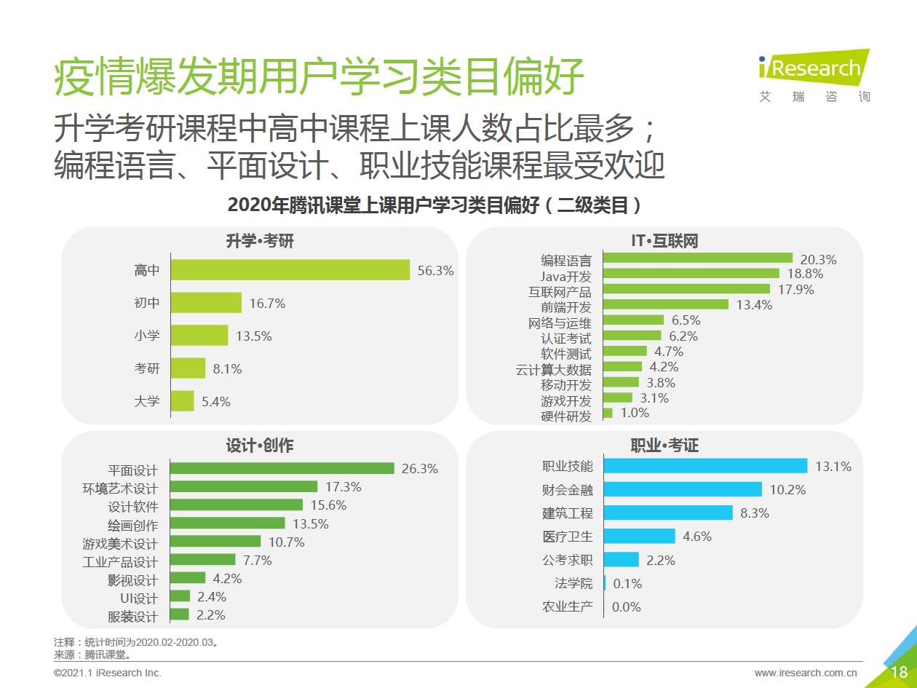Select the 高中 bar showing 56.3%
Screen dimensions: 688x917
coord(290,270)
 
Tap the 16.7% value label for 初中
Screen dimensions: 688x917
coord(267,304)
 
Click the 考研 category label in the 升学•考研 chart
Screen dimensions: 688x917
coord(146,368)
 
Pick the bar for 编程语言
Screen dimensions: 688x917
coord(698,258)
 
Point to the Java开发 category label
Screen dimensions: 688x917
coord(565,276)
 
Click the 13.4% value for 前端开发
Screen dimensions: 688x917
coord(754,305)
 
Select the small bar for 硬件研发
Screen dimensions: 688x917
coord(608,413)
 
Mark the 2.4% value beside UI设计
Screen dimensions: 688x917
coord(212,597)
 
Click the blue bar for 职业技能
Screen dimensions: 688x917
coord(706,466)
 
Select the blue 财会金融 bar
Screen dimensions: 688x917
coord(683,489)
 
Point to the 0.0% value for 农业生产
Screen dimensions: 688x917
coord(626,606)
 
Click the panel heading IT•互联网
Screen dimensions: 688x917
coord(664,240)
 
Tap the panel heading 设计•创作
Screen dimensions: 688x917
coord(260,446)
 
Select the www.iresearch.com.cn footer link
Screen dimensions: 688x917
coord(806,673)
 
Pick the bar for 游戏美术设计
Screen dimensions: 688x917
coord(215,542)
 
